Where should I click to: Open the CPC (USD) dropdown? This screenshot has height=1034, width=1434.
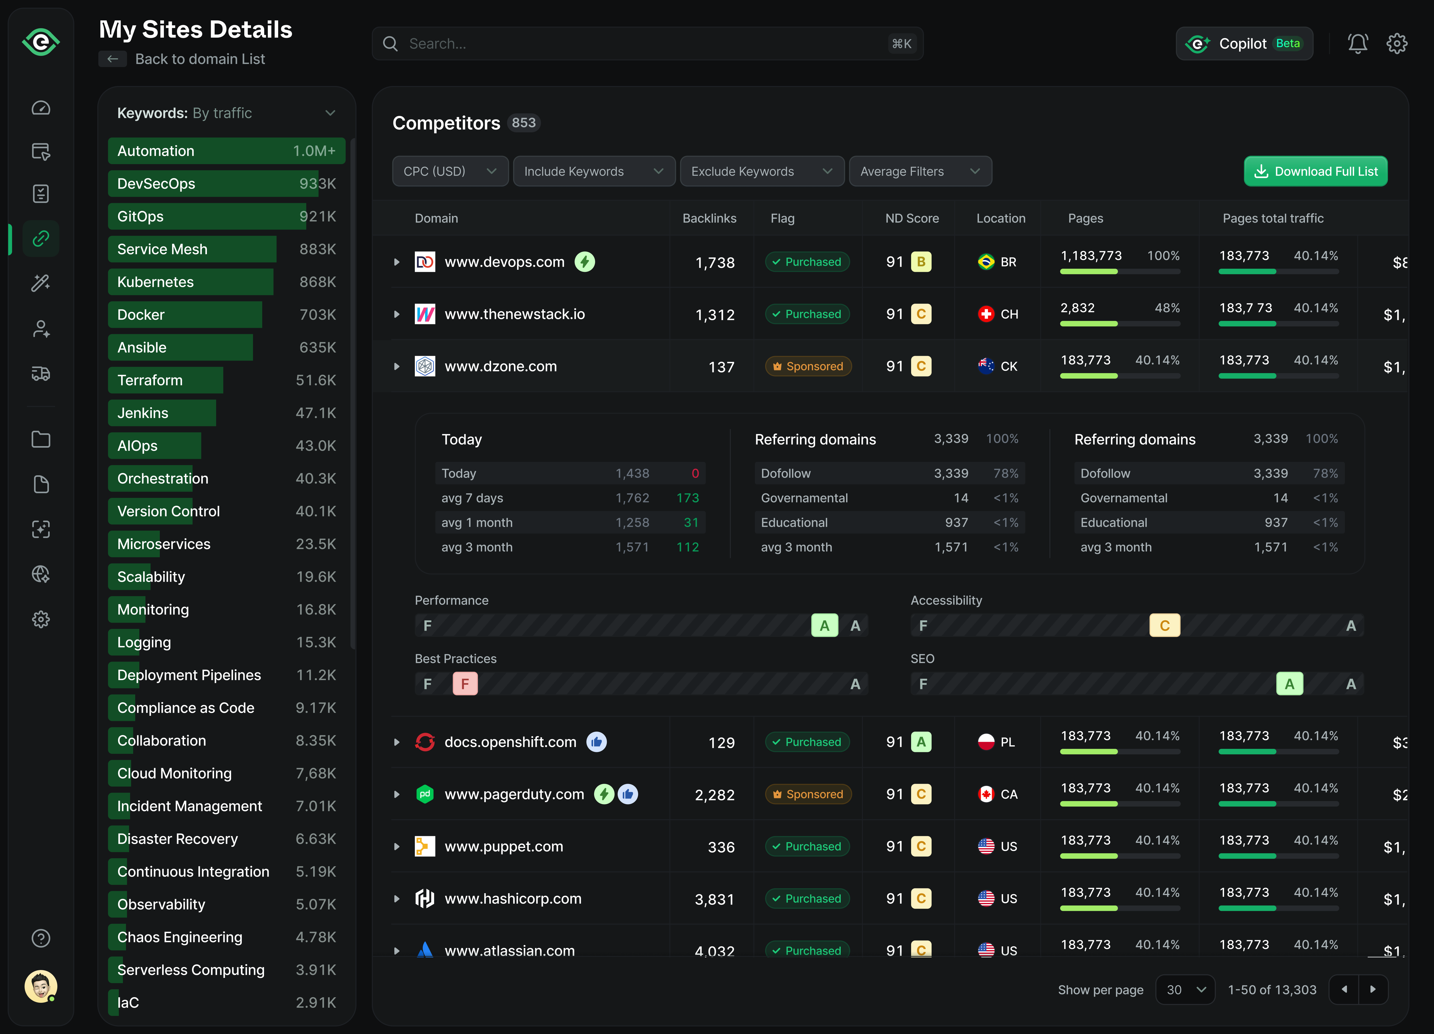pyautogui.click(x=450, y=171)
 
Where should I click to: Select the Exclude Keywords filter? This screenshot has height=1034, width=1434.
pyautogui.click(x=761, y=171)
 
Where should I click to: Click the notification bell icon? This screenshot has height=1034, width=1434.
pyautogui.click(x=1357, y=44)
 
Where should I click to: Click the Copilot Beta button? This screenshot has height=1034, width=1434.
pyautogui.click(x=1244, y=44)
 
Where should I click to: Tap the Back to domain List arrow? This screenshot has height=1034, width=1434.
pyautogui.click(x=113, y=59)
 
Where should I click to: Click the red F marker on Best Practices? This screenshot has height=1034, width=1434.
pyautogui.click(x=465, y=684)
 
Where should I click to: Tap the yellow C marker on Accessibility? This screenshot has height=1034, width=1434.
pyautogui.click(x=1164, y=626)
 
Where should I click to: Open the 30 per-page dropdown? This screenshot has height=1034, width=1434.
pyautogui.click(x=1185, y=990)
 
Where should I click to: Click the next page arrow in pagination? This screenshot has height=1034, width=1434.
pyautogui.click(x=1373, y=990)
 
